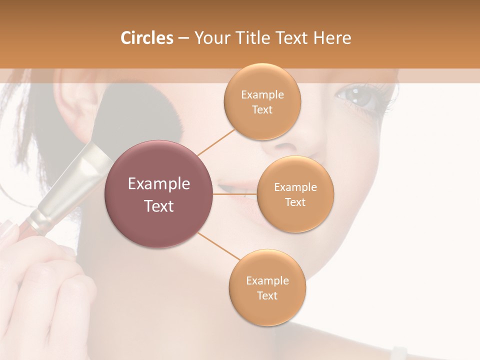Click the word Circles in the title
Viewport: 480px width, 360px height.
(146, 38)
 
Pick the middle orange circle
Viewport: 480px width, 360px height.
(295, 194)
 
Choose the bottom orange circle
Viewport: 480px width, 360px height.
(267, 287)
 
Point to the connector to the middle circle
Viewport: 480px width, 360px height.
(235, 194)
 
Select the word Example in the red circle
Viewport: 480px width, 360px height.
(159, 184)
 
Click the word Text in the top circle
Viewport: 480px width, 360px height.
(262, 110)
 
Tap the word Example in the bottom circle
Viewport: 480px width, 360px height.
(267, 280)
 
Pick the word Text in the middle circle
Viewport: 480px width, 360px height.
(295, 202)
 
